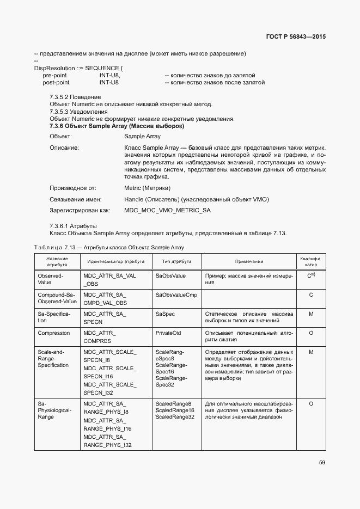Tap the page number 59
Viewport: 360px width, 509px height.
[x=322, y=463]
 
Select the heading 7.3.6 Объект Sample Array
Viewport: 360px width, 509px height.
[x=117, y=126]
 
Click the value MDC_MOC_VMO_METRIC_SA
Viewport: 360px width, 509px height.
[x=167, y=210]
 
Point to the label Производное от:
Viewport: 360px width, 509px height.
[x=73, y=188]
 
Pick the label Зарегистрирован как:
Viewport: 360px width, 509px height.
[x=80, y=210]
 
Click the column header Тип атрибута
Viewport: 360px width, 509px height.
[x=173, y=261]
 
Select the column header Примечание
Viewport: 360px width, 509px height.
[x=249, y=261]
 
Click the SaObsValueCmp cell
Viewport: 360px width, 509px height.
[x=176, y=295]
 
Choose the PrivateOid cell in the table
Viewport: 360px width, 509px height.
[x=168, y=333]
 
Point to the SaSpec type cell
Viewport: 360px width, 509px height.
[x=165, y=314]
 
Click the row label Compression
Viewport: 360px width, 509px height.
[x=54, y=333]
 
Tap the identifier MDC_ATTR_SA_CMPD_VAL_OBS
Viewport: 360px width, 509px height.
[x=105, y=298]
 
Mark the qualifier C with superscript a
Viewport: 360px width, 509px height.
[x=311, y=276]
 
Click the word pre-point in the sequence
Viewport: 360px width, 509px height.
[x=54, y=75]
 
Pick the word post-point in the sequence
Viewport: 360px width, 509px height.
[x=56, y=83]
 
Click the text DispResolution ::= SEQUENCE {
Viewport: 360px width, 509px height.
[x=79, y=68]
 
